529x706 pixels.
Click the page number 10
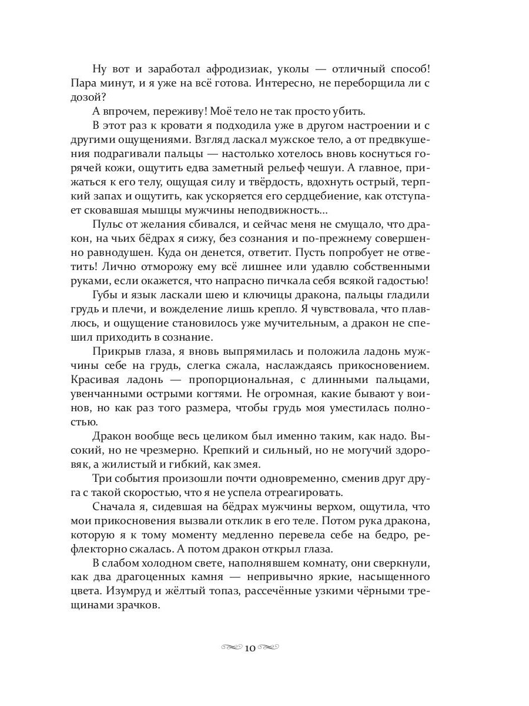249,648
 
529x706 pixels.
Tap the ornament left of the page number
232,648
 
